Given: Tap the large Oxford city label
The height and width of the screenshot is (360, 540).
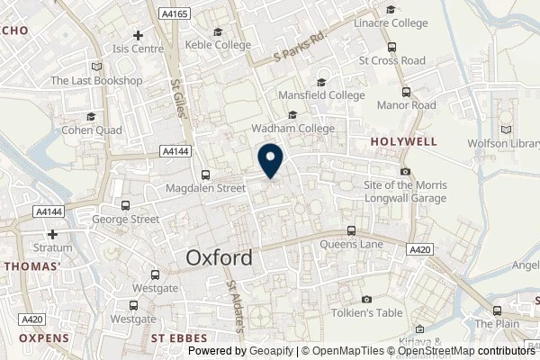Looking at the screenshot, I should (219, 257).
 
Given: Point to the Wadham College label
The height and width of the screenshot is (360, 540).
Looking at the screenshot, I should (292, 129).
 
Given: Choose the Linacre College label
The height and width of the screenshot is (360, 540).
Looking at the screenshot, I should (390, 21).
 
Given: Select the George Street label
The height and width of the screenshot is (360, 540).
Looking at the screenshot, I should (127, 219).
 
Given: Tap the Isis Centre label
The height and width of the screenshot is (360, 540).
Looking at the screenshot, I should (137, 49).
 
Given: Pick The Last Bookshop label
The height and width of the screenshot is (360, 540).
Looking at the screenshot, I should (96, 80).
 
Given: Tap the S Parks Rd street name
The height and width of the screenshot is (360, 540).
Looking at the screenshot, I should (301, 49).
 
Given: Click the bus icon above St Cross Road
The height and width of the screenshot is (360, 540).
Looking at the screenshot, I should (391, 48).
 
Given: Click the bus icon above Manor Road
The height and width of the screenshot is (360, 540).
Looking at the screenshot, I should (407, 91).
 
